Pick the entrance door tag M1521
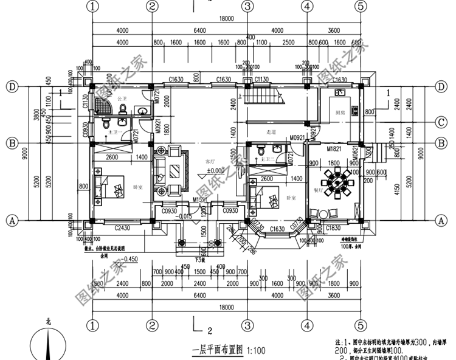point(201,199)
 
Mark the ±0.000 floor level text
point(215,170)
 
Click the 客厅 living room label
point(210,162)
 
